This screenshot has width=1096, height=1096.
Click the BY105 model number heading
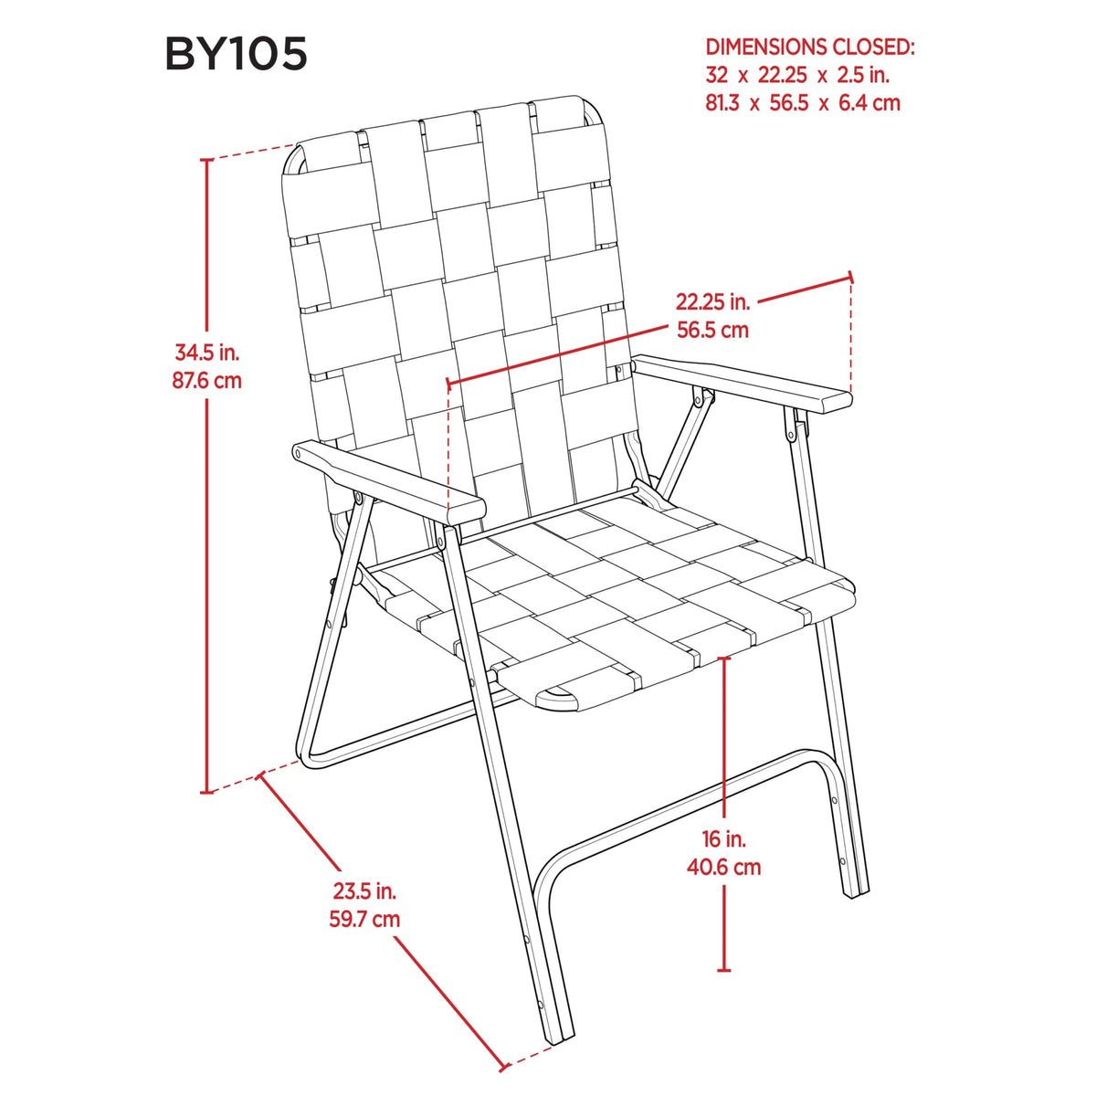tap(236, 54)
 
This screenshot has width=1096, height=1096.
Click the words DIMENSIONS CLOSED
tap(810, 47)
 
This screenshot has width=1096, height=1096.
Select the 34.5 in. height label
tap(207, 353)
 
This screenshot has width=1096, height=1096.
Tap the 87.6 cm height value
tap(207, 380)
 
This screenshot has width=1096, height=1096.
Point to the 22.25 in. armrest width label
tap(712, 301)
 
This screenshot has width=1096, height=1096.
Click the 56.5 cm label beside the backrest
tap(712, 330)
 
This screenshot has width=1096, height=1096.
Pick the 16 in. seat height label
tap(723, 839)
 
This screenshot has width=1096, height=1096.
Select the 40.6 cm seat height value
tap(723, 867)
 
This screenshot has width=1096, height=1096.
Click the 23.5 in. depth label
tap(364, 891)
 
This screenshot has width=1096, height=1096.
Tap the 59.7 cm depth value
tap(364, 919)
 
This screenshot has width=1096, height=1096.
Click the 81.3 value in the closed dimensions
tap(722, 103)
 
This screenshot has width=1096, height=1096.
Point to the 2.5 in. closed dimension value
tap(863, 75)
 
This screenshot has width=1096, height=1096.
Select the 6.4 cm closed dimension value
tap(869, 103)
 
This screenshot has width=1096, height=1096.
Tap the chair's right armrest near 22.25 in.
tap(743, 384)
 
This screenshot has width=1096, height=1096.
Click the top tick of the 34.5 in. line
tap(207, 160)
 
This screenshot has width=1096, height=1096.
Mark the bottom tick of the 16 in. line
tap(723, 970)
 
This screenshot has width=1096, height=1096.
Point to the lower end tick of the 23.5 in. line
tap(503, 1065)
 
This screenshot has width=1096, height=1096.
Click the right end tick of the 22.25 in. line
tap(851, 277)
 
